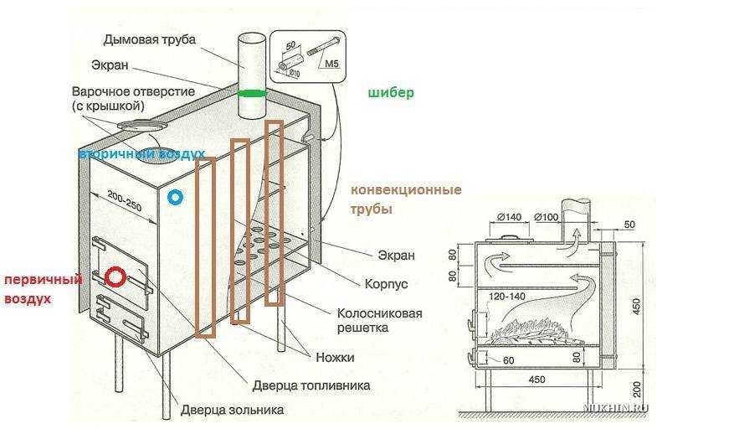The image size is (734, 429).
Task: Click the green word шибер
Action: pyautogui.click(x=391, y=93)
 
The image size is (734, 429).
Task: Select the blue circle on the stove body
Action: pyautogui.click(x=174, y=198)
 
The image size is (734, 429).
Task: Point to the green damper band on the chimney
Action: pyautogui.click(x=251, y=92)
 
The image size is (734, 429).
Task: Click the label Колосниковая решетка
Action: pyautogui.click(x=379, y=320)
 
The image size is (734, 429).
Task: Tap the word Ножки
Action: pyautogui.click(x=335, y=357)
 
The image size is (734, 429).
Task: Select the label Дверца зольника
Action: pyautogui.click(x=232, y=411)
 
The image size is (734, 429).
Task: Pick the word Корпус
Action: pyautogui.click(x=387, y=284)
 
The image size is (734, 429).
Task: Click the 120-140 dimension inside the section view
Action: pyautogui.click(x=506, y=296)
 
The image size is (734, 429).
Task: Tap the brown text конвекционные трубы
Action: pyautogui.click(x=405, y=199)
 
